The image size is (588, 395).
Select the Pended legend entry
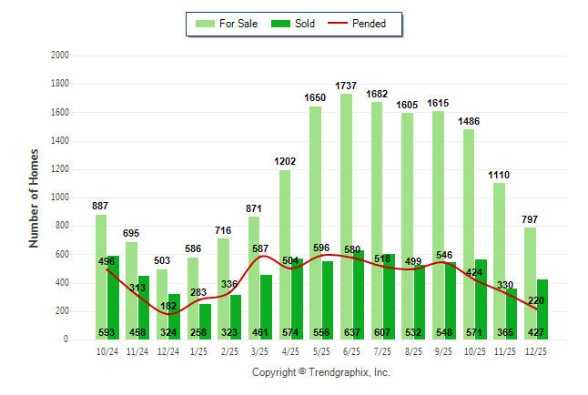[361, 24]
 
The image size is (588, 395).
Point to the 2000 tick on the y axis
[60, 56]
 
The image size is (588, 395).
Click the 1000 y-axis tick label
[60, 197]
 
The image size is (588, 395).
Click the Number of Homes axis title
[34, 197]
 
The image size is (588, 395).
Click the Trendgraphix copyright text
[320, 373]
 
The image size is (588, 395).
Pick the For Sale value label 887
[101, 206]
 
